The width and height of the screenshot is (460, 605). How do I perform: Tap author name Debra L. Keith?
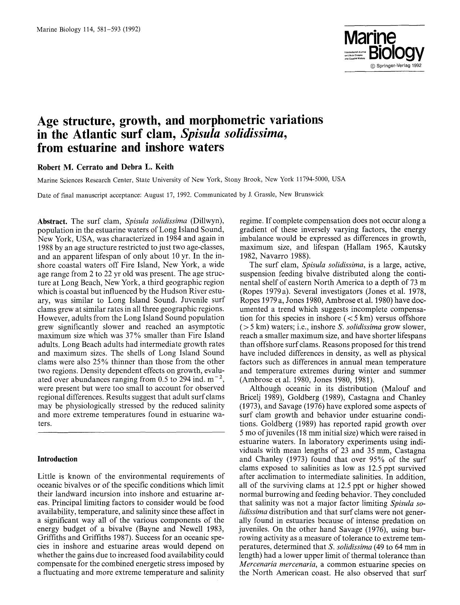[x=146, y=167]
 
